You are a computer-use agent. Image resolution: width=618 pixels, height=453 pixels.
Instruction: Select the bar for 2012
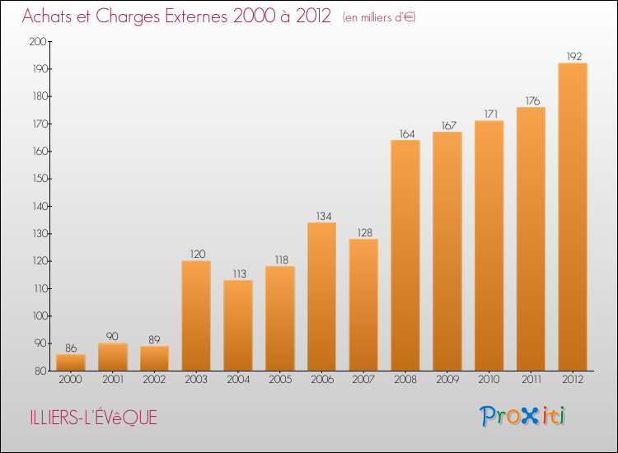coord(573,217)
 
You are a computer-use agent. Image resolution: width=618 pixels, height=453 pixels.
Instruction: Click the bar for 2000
coord(71,362)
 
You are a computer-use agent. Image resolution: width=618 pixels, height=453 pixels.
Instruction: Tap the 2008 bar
coord(405,255)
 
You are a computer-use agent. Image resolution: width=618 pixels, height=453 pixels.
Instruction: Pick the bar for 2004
coord(238,325)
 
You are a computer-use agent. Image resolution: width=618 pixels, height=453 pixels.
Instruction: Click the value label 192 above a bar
coord(573,57)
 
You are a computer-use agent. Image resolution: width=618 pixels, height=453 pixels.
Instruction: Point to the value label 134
coord(322,217)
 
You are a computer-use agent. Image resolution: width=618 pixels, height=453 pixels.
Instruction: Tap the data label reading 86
coord(71,348)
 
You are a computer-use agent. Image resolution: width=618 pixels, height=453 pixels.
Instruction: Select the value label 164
coord(405,134)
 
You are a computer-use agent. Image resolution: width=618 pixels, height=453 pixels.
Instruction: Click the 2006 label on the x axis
coord(322,380)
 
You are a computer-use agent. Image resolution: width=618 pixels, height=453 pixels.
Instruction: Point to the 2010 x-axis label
coord(489,380)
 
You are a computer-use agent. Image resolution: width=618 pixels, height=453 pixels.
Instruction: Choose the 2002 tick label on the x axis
coord(155,380)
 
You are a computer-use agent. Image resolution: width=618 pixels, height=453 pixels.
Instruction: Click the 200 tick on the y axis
coord(38,41)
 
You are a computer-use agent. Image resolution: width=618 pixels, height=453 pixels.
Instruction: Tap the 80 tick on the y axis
coord(40,371)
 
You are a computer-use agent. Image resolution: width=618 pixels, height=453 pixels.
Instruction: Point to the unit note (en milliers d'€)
coord(379,17)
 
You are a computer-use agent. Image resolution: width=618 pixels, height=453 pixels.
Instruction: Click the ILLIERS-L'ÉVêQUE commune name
coord(91,418)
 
